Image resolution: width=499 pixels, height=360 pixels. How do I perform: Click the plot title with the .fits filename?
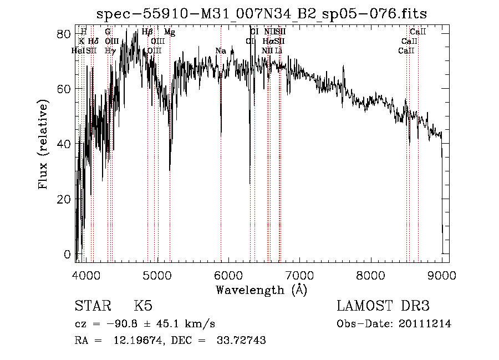[261, 14]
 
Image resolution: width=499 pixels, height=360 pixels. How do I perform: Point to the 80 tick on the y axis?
[64, 34]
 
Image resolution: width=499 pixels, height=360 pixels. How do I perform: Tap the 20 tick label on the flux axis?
[64, 199]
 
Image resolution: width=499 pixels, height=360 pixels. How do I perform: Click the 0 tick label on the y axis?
[68, 254]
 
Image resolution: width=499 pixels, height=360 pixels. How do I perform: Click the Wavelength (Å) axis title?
[261, 290]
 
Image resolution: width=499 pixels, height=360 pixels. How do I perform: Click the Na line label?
[221, 51]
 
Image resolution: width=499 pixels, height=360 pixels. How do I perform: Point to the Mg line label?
[170, 33]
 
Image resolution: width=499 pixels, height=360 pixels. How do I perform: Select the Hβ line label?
[147, 33]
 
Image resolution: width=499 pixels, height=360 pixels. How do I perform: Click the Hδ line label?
[93, 42]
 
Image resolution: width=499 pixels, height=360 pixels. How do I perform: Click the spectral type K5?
[143, 306]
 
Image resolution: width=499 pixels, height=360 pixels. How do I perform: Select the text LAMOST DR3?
[383, 306]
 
